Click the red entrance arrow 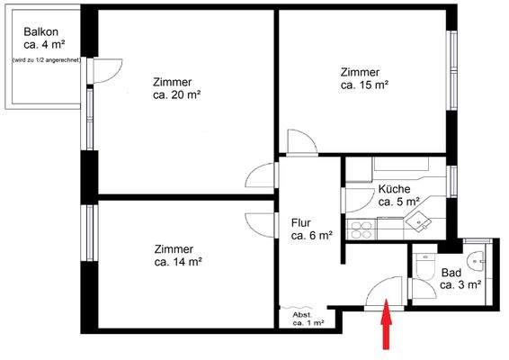388,326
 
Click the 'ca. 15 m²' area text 364,85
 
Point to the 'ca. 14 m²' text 177,262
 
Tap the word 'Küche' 395,189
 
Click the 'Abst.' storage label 301,313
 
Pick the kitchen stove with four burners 362,230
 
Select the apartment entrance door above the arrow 385,292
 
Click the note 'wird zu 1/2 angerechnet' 45,59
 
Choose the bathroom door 415,288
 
